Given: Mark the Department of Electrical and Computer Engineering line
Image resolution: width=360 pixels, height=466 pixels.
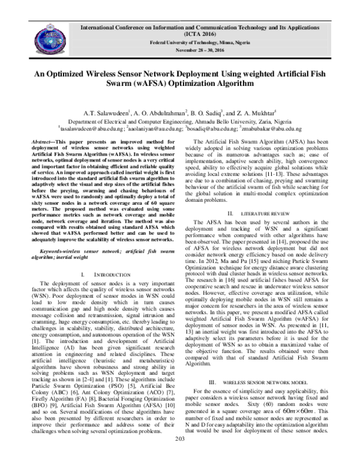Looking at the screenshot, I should point(179,120).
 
